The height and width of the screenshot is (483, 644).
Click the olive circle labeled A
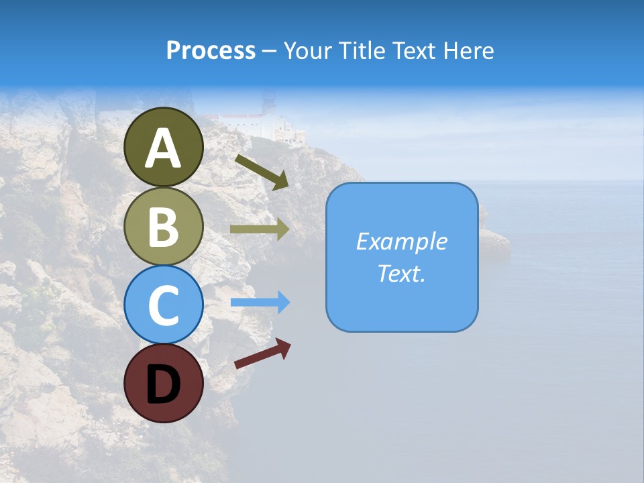click(x=163, y=147)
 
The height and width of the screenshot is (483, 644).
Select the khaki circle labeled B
click(x=163, y=226)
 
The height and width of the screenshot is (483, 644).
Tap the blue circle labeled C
click(x=163, y=305)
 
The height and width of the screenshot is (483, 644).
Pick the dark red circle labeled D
click(x=163, y=383)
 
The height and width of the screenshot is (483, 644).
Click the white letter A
click(x=163, y=148)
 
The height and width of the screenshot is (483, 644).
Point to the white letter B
click(x=163, y=227)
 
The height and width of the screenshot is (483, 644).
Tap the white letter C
click(x=163, y=305)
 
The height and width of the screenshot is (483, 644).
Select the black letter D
click(x=163, y=385)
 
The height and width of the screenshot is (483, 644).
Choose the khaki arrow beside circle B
click(x=259, y=229)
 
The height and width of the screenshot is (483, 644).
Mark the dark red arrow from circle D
click(x=262, y=353)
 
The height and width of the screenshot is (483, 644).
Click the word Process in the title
click(x=211, y=51)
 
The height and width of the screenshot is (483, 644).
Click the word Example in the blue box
click(x=402, y=241)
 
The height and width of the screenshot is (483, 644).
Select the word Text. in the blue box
click(x=402, y=273)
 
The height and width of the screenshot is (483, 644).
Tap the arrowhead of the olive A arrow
click(x=282, y=181)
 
